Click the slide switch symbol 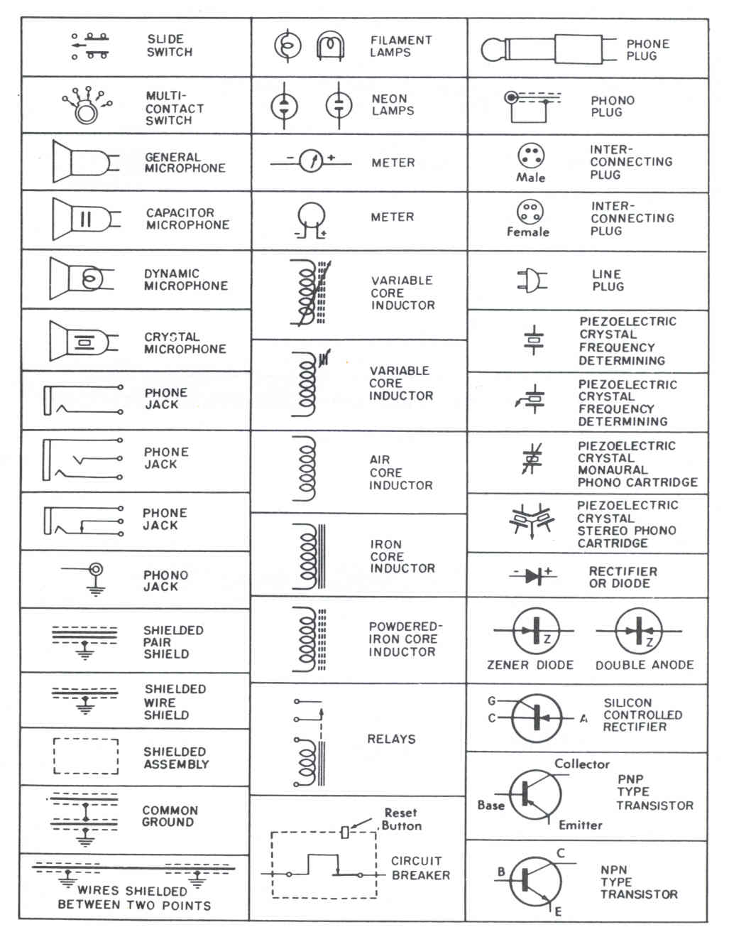(89, 45)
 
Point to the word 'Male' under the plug (530, 178)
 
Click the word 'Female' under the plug (527, 232)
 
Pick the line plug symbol (532, 280)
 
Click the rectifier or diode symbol (533, 576)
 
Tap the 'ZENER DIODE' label (530, 665)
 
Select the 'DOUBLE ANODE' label (644, 665)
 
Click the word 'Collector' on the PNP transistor (581, 764)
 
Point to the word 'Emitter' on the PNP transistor (580, 825)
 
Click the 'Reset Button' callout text (402, 819)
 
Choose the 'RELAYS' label (391, 739)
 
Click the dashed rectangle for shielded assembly (86, 757)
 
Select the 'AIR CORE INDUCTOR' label (400, 472)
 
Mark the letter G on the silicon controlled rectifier (491, 701)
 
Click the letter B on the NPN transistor (501, 871)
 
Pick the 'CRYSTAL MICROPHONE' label (185, 343)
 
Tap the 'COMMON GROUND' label (170, 816)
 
